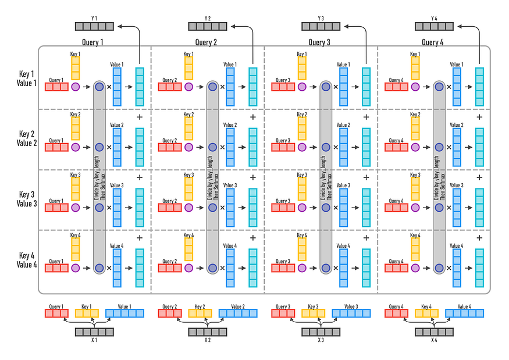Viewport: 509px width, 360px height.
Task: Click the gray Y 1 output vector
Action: point(94,26)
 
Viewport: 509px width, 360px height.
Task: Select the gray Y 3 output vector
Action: point(321,26)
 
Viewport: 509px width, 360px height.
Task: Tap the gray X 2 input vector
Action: point(207,332)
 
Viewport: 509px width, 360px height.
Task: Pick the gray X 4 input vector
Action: point(434,332)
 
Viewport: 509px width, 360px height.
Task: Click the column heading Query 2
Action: point(207,42)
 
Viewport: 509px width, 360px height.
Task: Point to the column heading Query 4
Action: point(433,42)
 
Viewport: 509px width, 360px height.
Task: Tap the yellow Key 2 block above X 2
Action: point(200,313)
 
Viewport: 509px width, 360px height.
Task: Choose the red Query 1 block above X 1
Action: point(56,313)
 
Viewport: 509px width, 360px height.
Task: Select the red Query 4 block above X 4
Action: point(396,313)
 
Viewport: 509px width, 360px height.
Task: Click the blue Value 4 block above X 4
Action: point(465,313)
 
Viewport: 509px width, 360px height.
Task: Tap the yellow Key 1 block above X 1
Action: point(87,313)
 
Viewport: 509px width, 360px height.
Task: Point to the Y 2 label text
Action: point(207,18)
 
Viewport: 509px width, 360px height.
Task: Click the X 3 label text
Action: point(321,340)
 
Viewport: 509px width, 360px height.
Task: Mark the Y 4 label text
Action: point(434,18)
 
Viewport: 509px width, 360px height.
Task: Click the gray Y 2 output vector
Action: point(207,26)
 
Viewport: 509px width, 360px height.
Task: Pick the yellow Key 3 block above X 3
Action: point(313,313)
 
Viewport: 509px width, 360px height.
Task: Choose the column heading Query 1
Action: point(93,42)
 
